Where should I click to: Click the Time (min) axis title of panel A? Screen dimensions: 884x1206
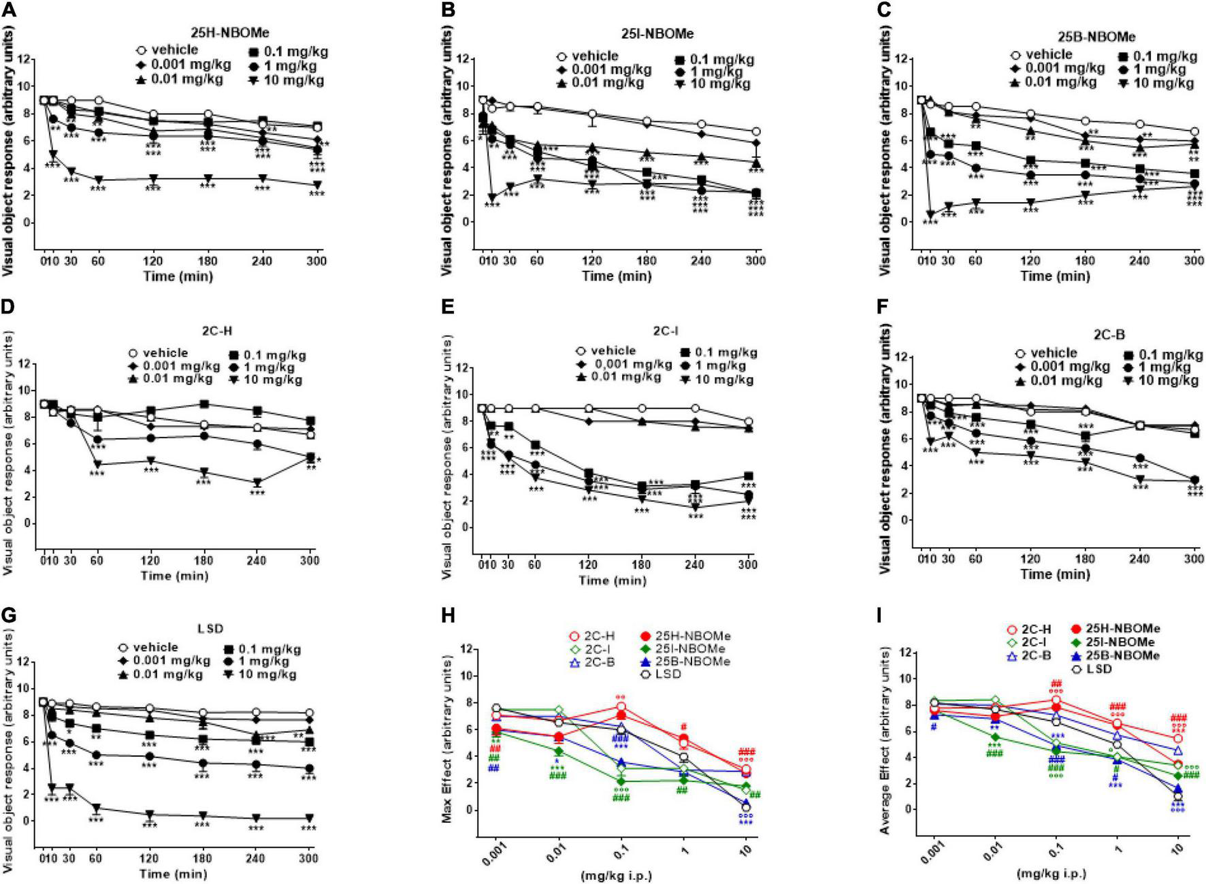(x=178, y=276)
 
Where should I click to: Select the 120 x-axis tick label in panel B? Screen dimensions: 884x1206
(x=591, y=260)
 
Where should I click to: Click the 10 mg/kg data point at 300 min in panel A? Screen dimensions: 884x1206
(x=316, y=185)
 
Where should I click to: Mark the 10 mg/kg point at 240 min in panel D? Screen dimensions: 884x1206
(x=257, y=482)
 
